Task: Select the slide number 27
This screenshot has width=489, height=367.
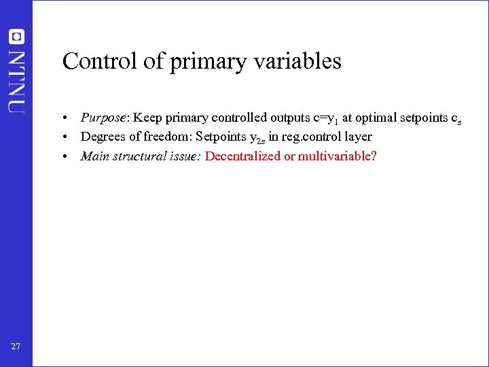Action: [x=16, y=347]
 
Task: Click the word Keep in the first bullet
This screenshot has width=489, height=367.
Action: [x=147, y=118]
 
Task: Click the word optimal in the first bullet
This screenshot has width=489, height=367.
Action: [x=376, y=118]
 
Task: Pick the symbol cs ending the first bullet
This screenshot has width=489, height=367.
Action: [x=456, y=119]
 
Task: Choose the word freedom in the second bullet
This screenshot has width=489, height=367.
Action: [x=168, y=137]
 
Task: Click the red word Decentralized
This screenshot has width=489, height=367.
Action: [x=243, y=156]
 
